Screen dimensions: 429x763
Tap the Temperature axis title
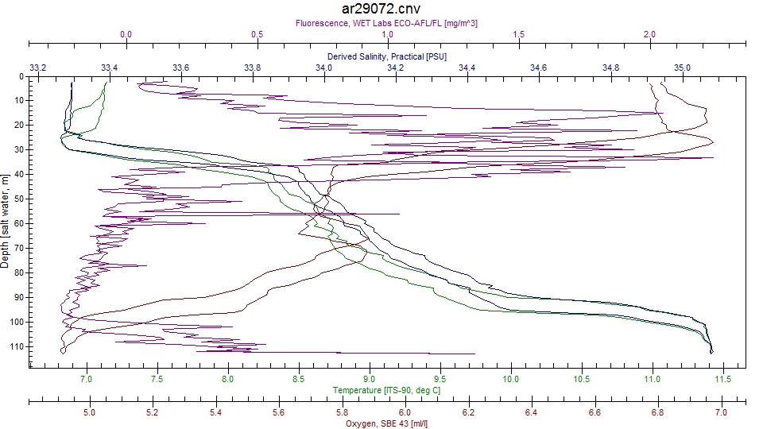[387, 391]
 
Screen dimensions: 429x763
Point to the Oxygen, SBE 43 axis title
[387, 423]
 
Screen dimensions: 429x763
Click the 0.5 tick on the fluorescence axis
[257, 34]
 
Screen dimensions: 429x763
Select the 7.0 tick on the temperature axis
[87, 380]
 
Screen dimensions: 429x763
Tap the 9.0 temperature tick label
[370, 380]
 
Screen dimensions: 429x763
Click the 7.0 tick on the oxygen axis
[721, 412]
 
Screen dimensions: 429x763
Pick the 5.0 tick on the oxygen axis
[89, 412]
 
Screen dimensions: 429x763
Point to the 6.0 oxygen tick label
[405, 412]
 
